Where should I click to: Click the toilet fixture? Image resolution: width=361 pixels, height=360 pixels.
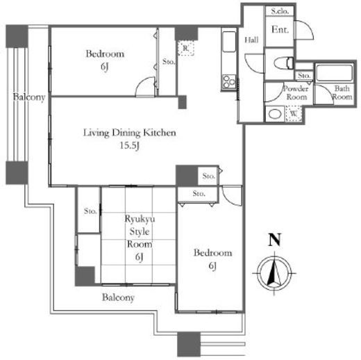click(x=283, y=63)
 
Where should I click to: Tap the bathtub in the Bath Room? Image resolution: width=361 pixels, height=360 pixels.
click(x=334, y=73)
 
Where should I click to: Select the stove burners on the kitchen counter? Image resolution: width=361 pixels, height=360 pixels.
click(x=229, y=81)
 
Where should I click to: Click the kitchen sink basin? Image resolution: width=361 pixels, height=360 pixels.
click(x=229, y=42)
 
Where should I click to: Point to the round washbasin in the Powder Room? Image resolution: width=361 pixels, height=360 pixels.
click(x=275, y=114)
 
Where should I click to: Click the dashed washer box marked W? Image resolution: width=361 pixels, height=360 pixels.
click(x=294, y=113)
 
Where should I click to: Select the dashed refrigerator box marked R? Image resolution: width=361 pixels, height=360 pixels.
click(x=186, y=48)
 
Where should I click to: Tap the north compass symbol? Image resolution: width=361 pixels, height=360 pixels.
click(x=274, y=273)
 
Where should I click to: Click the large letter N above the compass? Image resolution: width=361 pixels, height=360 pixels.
click(x=274, y=240)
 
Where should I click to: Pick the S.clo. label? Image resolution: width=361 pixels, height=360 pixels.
click(x=280, y=11)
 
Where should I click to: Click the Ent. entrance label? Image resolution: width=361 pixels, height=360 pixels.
click(x=280, y=30)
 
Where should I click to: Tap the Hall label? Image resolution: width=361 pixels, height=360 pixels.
click(x=251, y=40)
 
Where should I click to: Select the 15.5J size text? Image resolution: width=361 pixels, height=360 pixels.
click(x=130, y=145)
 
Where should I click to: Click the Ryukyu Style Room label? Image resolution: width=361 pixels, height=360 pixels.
click(x=140, y=231)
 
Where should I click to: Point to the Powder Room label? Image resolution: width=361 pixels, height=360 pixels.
click(x=296, y=92)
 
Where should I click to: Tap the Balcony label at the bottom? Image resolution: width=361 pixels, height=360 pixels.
click(x=118, y=297)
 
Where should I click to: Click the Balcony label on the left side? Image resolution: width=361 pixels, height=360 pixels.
click(x=29, y=97)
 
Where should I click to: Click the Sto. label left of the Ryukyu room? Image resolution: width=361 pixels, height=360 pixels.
click(x=90, y=211)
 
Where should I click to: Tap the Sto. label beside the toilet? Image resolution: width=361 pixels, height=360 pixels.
click(x=304, y=76)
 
